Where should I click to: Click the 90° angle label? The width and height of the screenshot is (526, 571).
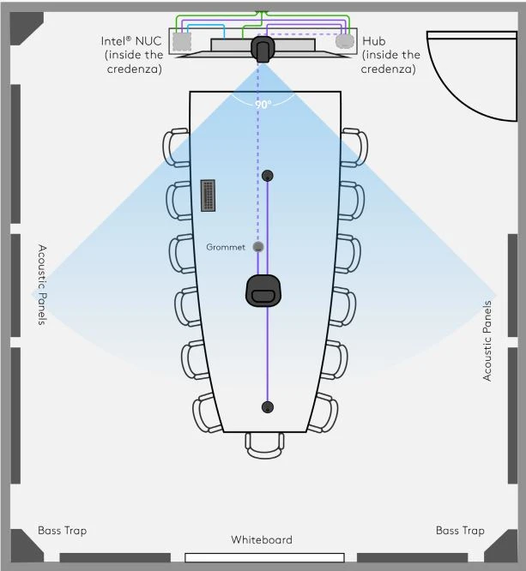coord(263,105)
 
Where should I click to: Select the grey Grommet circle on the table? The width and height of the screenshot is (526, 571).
coord(258,247)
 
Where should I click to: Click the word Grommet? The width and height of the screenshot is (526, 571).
coord(226,247)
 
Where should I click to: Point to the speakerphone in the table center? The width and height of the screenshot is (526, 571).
coord(264,290)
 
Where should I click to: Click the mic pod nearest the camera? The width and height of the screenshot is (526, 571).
coord(268,176)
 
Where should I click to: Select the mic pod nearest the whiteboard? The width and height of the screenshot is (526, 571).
coord(268,406)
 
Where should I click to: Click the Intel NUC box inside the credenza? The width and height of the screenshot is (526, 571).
coord(181,41)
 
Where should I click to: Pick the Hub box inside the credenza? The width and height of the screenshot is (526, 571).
coord(345,40)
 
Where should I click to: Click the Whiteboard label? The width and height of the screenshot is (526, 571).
coord(262,540)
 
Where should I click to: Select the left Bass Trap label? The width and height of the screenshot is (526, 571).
coord(62,531)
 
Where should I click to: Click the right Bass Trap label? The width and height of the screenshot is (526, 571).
coord(461,531)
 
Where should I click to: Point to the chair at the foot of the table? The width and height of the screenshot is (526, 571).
coord(263,443)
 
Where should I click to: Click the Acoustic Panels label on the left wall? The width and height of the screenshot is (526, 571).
coord(42,285)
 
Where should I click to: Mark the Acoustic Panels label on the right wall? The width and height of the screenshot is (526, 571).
coord(487,340)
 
